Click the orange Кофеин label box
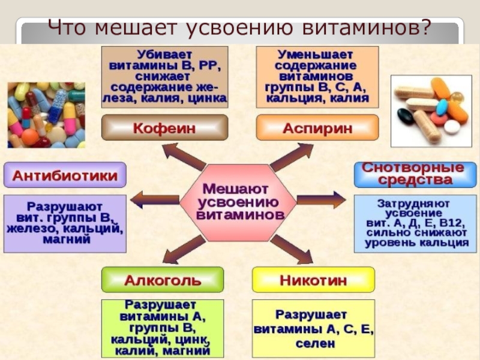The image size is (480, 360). coord(164,128)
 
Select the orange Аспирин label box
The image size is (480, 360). coord(317,128)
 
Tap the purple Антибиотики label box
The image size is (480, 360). coord(65,175)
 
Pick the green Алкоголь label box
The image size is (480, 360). coord(163,280)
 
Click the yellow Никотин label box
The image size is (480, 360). coord(313,280)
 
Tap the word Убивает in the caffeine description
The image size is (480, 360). coord(164,54)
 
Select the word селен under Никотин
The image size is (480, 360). coord(313,344)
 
